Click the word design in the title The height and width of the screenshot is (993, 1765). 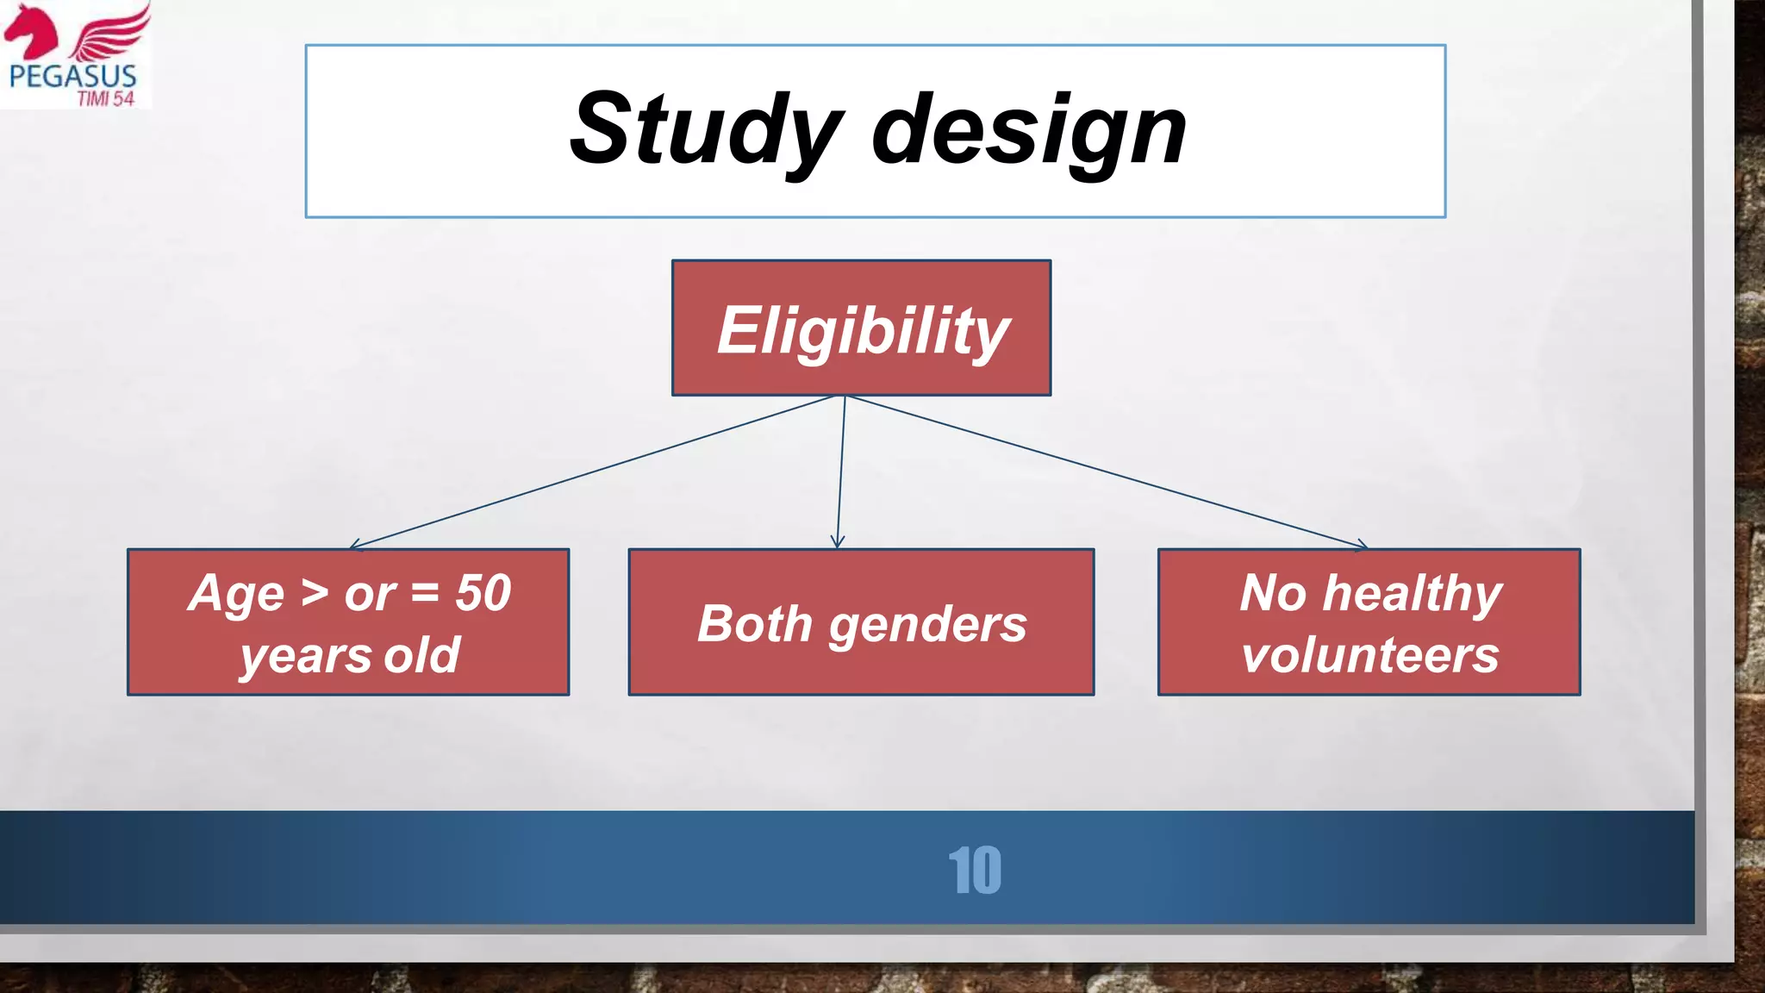coord(1029,131)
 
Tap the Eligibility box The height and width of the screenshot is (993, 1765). coord(861,328)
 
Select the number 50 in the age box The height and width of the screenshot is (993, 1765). coord(483,593)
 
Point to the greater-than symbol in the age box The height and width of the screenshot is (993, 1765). coord(315,593)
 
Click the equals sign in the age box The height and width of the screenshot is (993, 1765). coord(425,593)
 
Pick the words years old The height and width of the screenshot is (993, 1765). coord(349,655)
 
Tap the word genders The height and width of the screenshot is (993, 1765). coord(928,625)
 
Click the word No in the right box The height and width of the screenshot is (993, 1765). coord(1274,593)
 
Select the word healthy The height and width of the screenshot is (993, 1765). coord(1413,595)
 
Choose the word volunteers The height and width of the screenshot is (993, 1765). coord(1369,655)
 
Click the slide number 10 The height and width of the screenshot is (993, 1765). coord(974,871)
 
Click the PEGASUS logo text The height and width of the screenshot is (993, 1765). coord(72,76)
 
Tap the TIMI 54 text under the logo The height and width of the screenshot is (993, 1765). coord(106,99)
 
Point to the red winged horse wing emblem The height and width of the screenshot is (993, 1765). coord(110,33)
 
